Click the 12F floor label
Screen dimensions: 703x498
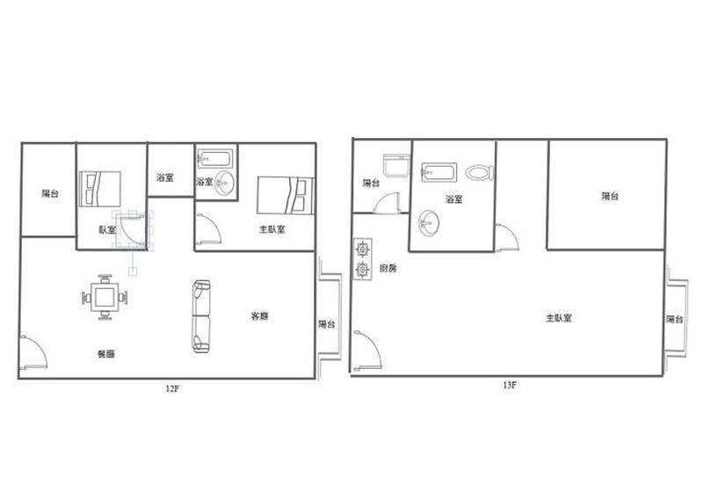pos(172,388)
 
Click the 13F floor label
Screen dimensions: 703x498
pos(510,385)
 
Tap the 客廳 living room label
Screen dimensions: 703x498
pos(259,316)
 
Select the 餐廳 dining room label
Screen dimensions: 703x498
pos(106,354)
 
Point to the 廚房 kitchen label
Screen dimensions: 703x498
pos(388,269)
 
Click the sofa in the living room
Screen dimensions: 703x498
pos(201,316)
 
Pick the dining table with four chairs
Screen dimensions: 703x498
pos(105,297)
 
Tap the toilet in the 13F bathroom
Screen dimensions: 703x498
pos(479,172)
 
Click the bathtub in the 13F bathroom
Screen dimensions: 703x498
pos(438,172)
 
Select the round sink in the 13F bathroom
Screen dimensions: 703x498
pos(429,222)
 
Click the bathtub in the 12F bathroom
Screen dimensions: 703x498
pos(215,158)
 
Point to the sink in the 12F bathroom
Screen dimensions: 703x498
pos(224,184)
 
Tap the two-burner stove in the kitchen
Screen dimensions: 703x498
pos(362,258)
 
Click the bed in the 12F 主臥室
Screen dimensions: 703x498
pos(286,196)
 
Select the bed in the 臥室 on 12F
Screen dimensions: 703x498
pos(100,189)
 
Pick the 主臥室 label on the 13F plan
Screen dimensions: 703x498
pos(559,318)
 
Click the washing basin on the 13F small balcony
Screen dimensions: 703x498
pos(397,165)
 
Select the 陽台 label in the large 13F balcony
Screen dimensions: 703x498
pos(610,196)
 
